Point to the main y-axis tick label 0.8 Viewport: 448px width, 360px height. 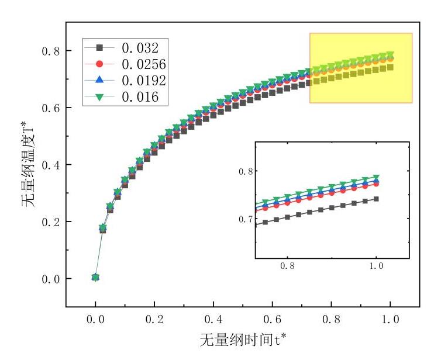point(50,51)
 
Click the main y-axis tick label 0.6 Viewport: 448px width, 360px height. point(50,108)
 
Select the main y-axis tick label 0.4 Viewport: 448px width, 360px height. point(50,165)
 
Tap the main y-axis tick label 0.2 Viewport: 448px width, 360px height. point(50,222)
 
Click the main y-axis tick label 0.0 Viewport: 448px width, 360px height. point(50,279)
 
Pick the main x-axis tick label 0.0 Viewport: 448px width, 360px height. point(95,320)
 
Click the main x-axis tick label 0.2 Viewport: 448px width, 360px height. point(154,320)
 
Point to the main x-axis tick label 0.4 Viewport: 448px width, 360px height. point(213,320)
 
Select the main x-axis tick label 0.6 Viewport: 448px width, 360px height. point(273,320)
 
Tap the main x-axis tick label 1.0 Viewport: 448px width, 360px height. point(390,320)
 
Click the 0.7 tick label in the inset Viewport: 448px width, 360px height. point(246,219)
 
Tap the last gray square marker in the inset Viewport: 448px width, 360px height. point(376,199)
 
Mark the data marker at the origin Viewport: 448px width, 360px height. point(95,278)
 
